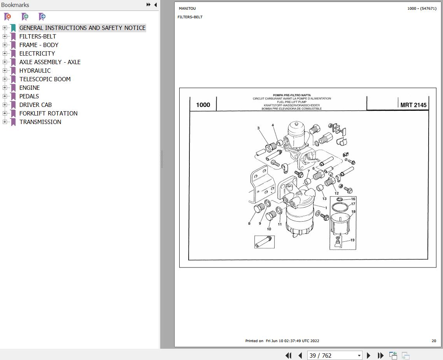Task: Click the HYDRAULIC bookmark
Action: pos(35,71)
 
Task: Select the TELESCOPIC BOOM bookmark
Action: pos(45,79)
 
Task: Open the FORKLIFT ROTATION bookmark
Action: pos(48,113)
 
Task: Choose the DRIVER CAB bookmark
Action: pos(36,105)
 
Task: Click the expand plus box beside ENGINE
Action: pos(5,87)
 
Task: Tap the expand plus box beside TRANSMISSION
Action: pos(5,122)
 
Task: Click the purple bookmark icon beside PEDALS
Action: pos(13,96)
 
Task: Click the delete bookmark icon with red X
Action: pos(8,17)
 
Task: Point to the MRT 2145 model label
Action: pos(413,105)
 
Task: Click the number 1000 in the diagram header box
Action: pos(203,105)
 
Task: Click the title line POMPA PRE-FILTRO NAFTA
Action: pos(292,95)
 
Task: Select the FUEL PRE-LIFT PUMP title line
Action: pos(292,102)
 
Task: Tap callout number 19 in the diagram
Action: pos(352,240)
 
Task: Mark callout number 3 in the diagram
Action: pos(258,128)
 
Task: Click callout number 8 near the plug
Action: pos(249,223)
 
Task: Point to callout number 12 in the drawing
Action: pos(336,193)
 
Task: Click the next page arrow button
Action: pos(368,355)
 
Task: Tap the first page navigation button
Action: pos(289,355)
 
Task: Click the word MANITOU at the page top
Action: pos(187,9)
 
